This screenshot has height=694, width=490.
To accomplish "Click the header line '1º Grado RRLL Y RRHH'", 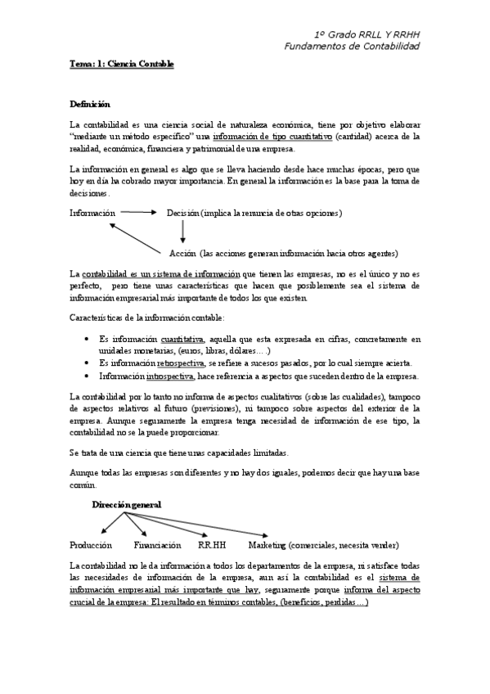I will tap(366, 34).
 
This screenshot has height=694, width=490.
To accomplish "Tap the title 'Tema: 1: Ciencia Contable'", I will tap(122, 64).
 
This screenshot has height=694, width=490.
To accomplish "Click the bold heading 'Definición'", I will tap(90, 105).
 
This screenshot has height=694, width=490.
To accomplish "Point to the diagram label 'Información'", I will tap(92, 213).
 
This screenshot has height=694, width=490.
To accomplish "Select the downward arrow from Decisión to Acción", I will tap(182, 232).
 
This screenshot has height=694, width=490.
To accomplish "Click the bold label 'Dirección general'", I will tap(126, 505).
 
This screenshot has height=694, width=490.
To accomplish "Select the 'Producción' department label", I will tap(91, 545).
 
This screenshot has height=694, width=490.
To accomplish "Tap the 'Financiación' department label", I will tap(157, 545).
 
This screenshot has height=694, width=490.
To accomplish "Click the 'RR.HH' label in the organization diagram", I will tap(212, 545).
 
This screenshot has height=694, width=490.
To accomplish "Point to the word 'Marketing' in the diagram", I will tap(267, 545).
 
